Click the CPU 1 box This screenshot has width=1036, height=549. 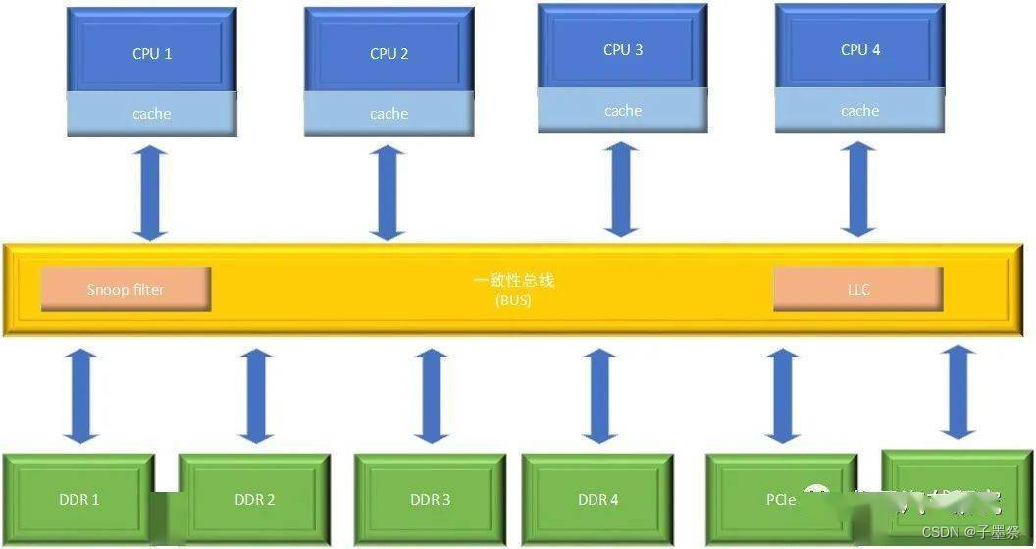[x=152, y=53]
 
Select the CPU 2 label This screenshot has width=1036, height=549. [x=389, y=53]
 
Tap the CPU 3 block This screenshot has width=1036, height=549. [x=623, y=49]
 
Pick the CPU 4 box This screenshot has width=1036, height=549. [x=860, y=49]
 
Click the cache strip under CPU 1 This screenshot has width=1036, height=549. [x=152, y=114]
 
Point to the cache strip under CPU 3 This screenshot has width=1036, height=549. [x=623, y=111]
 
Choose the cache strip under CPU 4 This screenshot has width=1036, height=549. [x=860, y=111]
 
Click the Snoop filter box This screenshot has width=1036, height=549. [x=126, y=289]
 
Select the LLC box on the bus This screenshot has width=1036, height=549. [x=858, y=289]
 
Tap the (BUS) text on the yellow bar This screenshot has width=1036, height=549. [x=513, y=301]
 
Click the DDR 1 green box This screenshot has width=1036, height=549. [x=79, y=499]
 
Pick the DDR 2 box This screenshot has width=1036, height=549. [x=255, y=499]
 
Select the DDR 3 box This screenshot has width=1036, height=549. [x=430, y=499]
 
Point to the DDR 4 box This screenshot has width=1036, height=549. [x=597, y=499]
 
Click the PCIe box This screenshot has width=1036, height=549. [x=781, y=499]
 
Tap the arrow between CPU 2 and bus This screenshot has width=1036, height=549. [x=388, y=192]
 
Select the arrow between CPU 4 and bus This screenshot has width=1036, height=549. [x=859, y=189]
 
